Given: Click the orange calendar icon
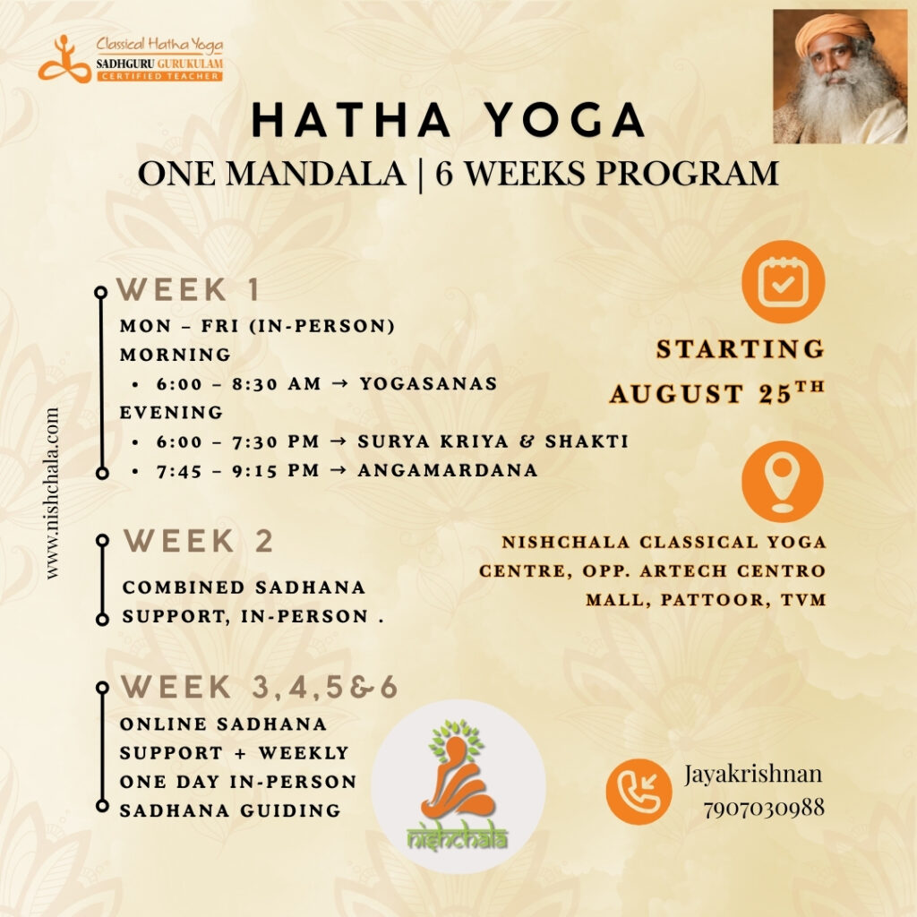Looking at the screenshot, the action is coord(783,282).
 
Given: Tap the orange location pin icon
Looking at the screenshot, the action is coord(783,481).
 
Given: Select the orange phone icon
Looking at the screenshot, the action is coord(638,792).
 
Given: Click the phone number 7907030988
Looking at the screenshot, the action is coord(764,809).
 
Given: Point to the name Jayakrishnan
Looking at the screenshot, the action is coord(753,775).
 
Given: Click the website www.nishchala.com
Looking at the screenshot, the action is coord(52,493).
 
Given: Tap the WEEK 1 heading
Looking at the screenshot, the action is coord(188,289).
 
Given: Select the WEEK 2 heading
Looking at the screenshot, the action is coord(198,540).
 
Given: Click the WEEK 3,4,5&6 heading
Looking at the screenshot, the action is coord(259,687).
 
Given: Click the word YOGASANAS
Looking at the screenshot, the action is coord(428,383).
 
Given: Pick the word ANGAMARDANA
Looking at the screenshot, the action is coord(448,470).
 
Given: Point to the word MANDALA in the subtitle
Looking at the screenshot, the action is coord(316,174).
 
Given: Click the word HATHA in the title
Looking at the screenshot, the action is coord(351,120).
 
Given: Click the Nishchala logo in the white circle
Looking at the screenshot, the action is coord(458,786).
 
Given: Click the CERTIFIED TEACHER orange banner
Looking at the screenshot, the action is coord(159,77).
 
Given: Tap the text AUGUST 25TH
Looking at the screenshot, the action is coord(717,393).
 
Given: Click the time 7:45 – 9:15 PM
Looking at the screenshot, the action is coord(237,471).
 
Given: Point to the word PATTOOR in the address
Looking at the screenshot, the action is coord(715,600).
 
